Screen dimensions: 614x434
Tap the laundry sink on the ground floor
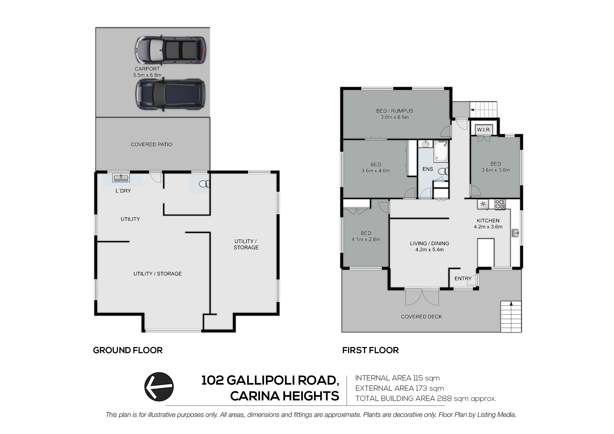tap(121, 178)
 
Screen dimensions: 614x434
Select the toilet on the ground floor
tap(204, 184)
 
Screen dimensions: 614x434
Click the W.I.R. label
tap(484, 130)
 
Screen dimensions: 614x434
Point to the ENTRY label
tap(463, 279)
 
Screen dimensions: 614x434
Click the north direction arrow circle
tap(159, 387)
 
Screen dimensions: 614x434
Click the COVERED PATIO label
tap(151, 144)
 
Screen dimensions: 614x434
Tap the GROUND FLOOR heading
tap(128, 350)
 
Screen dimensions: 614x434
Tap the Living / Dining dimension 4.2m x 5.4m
tap(430, 250)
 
